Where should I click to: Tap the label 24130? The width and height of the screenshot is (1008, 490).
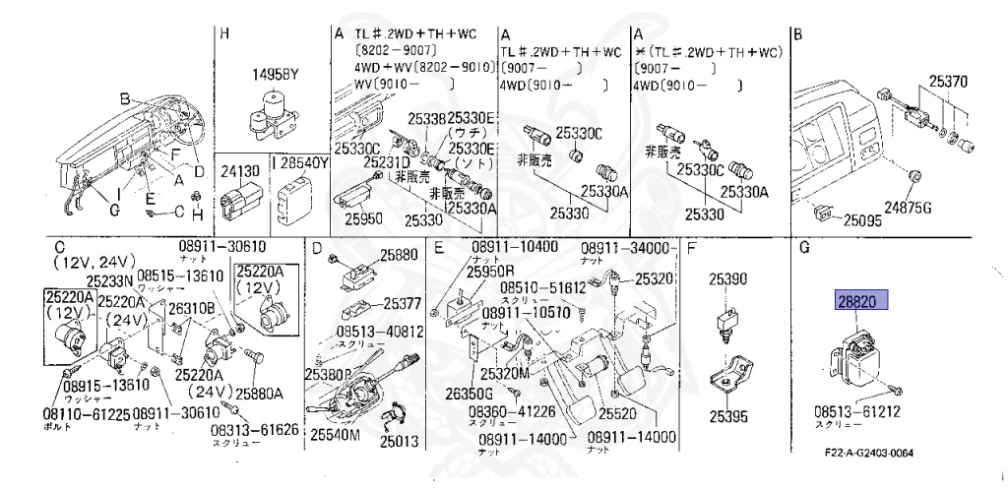[x=241, y=170]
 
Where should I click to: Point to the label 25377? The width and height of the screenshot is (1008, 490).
[x=402, y=303]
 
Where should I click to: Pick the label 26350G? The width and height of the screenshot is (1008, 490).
[x=466, y=395]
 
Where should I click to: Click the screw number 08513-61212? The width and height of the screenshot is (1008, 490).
[x=856, y=410]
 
